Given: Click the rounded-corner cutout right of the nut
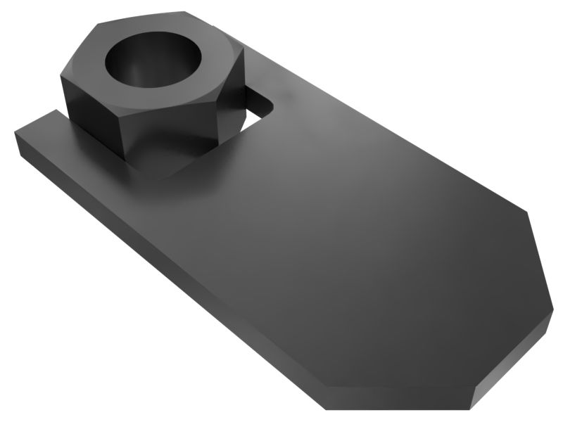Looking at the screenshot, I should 257,105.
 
